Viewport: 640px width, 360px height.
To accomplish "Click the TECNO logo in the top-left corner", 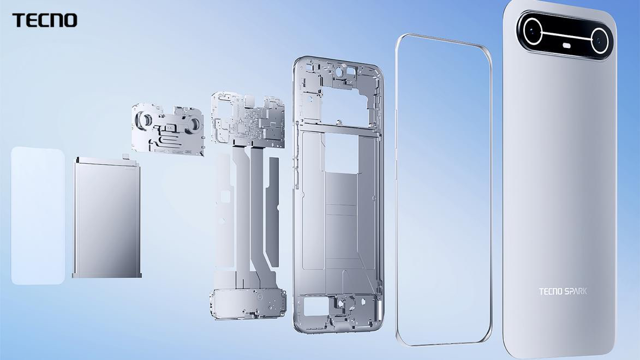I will pyautogui.click(x=45, y=20).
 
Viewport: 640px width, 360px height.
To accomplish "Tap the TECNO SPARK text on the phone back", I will pyautogui.click(x=563, y=291).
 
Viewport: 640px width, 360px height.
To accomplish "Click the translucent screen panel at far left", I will pyautogui.click(x=38, y=215).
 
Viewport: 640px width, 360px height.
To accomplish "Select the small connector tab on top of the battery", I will pyautogui.click(x=127, y=156).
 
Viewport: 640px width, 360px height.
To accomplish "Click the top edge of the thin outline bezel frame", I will pyautogui.click(x=442, y=41).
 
